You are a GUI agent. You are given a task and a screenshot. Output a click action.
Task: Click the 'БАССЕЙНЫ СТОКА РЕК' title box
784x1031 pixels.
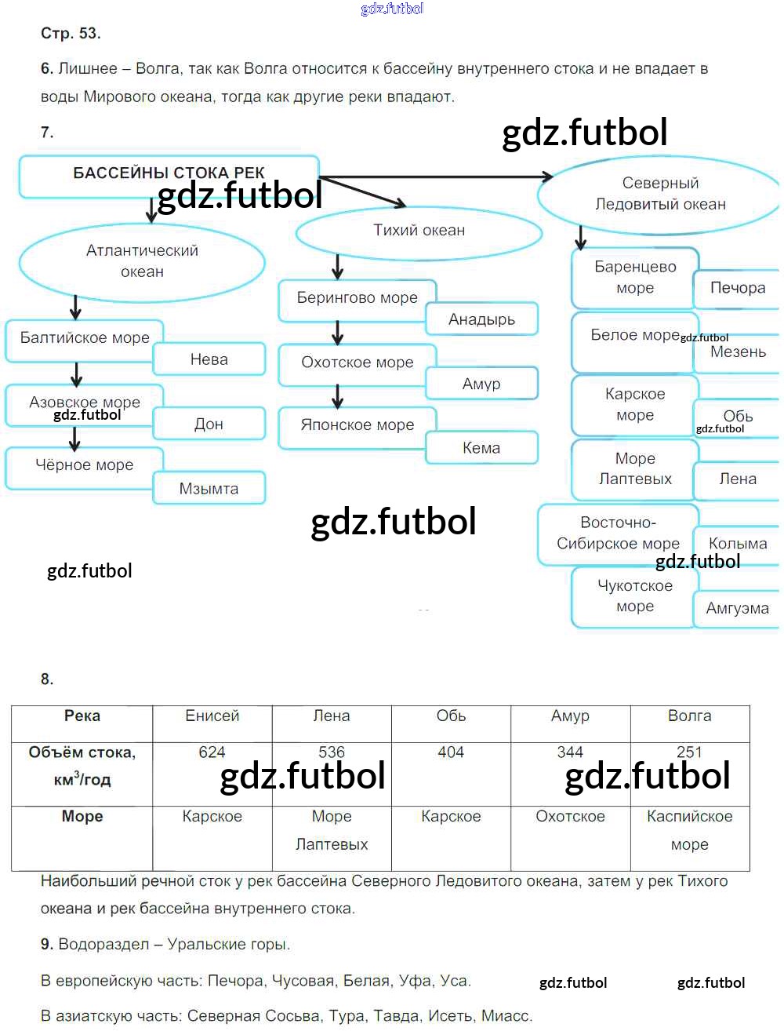[169, 176]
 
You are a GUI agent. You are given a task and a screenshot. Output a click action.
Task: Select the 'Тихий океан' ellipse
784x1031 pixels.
[419, 234]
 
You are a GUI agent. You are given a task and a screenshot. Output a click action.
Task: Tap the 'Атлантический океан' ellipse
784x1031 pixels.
[142, 263]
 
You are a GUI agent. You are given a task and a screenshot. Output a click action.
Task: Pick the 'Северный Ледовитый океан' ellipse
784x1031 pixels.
[659, 195]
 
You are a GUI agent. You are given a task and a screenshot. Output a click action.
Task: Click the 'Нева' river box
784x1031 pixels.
[209, 359]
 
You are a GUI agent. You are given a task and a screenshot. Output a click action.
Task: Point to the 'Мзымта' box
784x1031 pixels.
[209, 489]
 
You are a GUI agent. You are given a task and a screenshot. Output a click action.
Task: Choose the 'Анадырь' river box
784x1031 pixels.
[482, 319]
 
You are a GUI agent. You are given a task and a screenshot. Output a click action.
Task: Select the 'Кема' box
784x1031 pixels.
[482, 447]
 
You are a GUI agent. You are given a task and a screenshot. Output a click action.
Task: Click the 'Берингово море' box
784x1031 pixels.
[357, 301]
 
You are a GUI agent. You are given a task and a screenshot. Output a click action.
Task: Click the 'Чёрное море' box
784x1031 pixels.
[85, 468]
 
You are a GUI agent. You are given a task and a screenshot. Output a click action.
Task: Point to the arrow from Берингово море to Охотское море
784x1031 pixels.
[338, 333]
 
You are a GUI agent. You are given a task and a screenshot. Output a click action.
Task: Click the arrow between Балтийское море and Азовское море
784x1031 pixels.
[77, 374]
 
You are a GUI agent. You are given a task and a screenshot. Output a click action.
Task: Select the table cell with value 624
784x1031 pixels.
[212, 774]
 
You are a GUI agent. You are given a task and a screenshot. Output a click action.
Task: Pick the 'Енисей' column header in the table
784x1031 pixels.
[212, 723]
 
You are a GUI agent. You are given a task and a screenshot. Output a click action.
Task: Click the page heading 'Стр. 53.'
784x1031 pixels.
[71, 34]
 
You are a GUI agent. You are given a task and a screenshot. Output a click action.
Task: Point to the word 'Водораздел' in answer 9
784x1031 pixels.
[104, 944]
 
